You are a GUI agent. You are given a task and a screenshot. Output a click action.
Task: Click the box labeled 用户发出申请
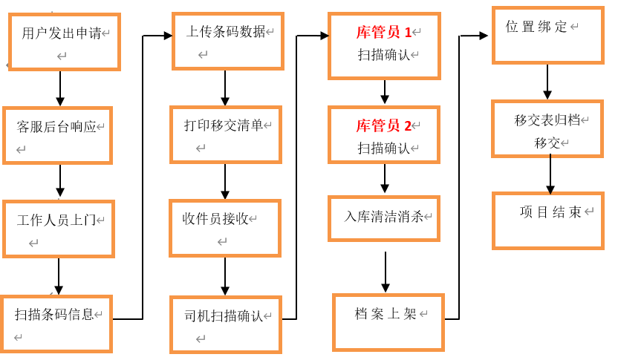pos(64,42)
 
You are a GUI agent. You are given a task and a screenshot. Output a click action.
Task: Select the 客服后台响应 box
pos(57,135)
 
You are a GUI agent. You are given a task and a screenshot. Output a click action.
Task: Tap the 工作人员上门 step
pos(59,229)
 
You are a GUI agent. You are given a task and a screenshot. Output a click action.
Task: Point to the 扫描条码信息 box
pos(56,324)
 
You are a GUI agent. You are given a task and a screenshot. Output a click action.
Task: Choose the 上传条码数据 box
pos(227,41)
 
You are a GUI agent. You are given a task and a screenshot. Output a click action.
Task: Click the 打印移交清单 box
pos(225,134)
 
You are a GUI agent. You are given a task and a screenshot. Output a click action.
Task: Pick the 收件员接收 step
pos(224,228)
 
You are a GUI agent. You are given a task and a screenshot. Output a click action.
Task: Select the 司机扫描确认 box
pos(225,324)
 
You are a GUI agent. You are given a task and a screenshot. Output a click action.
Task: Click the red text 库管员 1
pos(383,32)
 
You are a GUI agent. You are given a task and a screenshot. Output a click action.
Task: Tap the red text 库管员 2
pos(383,125)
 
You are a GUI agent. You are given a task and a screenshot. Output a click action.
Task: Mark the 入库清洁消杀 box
pos(383,217)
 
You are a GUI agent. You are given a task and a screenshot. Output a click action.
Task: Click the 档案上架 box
pos(388,321)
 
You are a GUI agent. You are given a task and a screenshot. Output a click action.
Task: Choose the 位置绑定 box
pos(547,35)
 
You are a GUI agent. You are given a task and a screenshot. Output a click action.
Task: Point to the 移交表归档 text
pos(547,120)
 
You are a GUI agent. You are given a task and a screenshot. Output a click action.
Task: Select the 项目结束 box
pos(547,220)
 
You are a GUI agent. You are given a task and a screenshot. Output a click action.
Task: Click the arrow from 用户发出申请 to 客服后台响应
pos(60,88)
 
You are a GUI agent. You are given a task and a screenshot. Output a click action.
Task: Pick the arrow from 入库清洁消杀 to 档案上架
pos(386,272)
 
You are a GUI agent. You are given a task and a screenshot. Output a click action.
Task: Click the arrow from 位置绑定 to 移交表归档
pos(547,82)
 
